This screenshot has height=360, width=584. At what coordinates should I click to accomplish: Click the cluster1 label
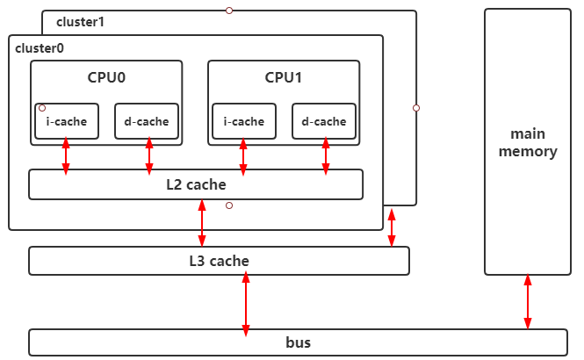(80, 21)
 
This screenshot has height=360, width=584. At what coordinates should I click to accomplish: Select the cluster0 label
(40, 47)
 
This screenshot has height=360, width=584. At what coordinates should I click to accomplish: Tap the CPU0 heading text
(106, 77)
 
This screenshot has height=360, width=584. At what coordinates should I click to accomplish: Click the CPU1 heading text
(284, 77)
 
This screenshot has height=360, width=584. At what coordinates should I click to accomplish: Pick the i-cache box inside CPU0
(67, 121)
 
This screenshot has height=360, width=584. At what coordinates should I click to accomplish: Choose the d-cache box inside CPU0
(148, 121)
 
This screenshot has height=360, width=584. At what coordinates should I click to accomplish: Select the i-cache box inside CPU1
(244, 121)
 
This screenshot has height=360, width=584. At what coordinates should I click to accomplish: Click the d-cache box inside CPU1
(324, 121)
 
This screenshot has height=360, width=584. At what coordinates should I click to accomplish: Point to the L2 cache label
(196, 184)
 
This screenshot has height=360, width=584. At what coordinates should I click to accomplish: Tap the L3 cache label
(219, 261)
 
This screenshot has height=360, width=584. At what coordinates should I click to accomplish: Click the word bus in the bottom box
(298, 342)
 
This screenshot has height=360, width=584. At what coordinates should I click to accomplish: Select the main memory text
(528, 142)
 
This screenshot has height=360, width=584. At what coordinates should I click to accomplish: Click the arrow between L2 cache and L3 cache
(203, 223)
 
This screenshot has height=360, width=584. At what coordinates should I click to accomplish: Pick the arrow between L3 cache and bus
(246, 303)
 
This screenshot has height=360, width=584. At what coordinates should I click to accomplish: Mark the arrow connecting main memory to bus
(528, 302)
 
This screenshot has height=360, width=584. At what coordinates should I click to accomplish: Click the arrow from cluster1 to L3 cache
(392, 227)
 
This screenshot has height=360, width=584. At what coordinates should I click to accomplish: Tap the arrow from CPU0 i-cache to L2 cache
(66, 155)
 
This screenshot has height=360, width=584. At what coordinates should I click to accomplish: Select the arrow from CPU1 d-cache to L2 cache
(326, 155)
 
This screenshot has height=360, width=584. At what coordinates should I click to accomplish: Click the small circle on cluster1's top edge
(229, 11)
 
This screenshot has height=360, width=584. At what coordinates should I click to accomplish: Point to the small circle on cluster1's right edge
(416, 108)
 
